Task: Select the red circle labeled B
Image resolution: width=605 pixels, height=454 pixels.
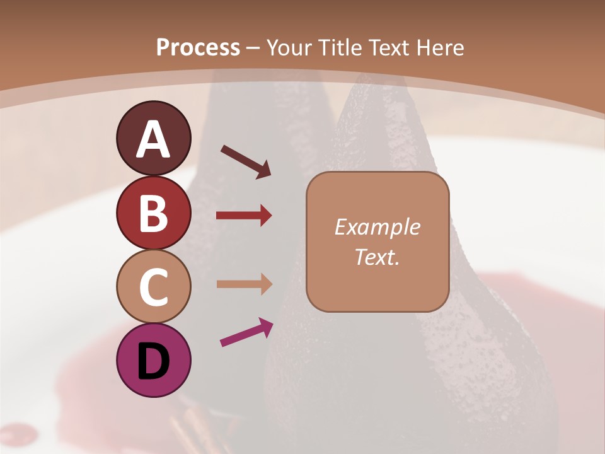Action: tap(153, 212)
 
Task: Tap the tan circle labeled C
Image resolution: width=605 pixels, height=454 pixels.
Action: tap(153, 287)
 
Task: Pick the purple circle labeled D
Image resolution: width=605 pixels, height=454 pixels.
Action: tap(153, 360)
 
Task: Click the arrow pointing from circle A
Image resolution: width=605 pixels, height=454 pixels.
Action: tap(246, 161)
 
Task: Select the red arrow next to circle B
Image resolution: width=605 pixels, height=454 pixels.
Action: tap(244, 216)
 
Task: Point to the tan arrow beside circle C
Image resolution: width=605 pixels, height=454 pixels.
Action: tap(244, 284)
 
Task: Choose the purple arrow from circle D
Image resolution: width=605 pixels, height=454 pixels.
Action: tap(246, 332)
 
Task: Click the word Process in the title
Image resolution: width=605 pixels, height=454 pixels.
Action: tap(198, 48)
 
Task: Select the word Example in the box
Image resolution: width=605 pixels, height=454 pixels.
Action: tap(377, 228)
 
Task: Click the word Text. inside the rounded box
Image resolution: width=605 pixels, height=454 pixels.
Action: tap(377, 257)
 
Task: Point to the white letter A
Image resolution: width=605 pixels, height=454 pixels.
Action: tap(153, 139)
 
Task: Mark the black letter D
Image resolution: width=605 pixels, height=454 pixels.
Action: tap(153, 361)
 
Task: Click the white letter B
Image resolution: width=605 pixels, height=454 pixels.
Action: tap(153, 214)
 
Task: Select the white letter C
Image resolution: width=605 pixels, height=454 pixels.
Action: tap(153, 288)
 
